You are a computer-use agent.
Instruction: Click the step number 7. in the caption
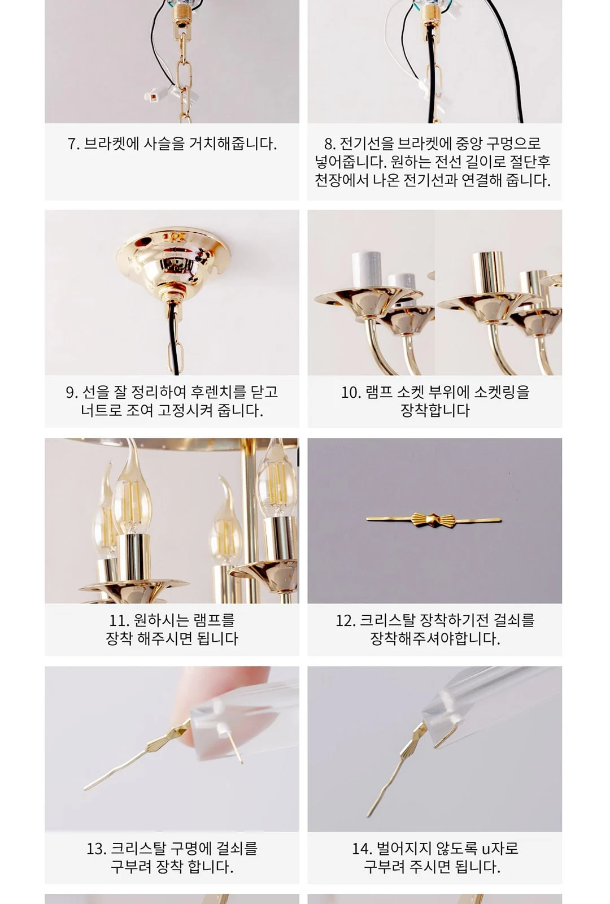pos(73,144)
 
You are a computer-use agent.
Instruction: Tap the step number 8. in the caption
pos(330,144)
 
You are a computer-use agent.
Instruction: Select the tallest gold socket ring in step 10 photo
pos(488,273)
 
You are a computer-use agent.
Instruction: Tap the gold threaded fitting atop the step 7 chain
pos(182,16)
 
